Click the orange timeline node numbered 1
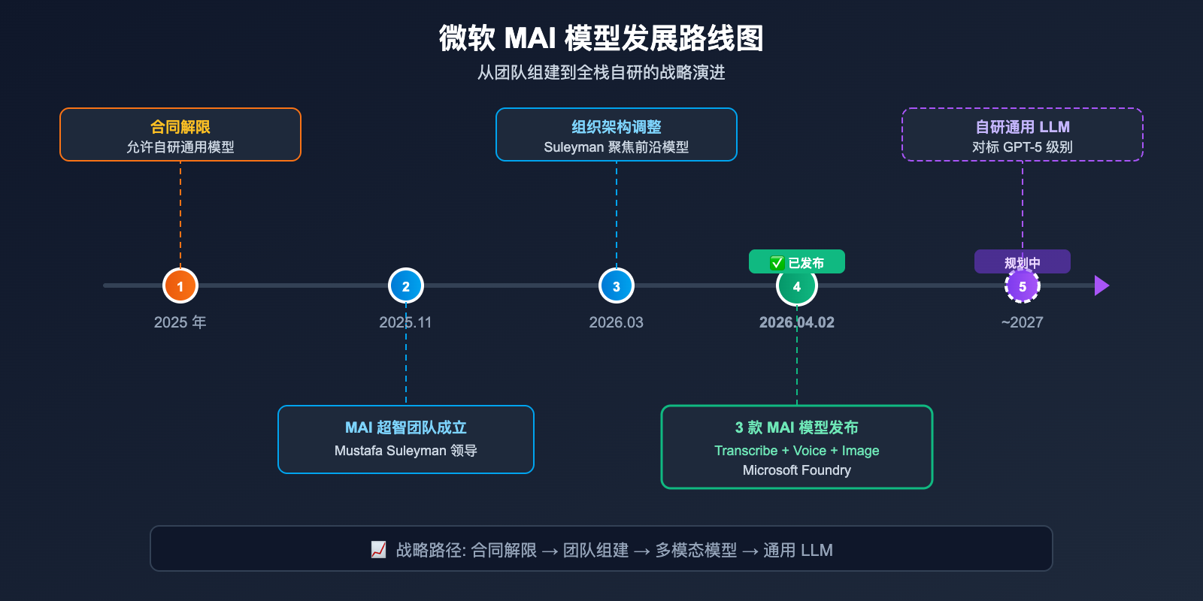180,285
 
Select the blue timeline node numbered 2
406,285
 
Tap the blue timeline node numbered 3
617,285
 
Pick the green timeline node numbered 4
797,286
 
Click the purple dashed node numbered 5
1023,286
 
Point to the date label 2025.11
405,322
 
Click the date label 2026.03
616,322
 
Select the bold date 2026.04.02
797,322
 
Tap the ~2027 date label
1022,322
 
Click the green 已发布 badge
797,262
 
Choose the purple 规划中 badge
1023,261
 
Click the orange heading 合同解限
180,127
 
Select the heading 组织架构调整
617,127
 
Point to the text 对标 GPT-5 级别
1023,147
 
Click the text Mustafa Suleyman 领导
406,451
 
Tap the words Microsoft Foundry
797,470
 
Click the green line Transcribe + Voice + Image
797,451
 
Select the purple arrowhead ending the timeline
1101,285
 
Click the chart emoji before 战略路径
379,550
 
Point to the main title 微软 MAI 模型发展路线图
601,38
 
